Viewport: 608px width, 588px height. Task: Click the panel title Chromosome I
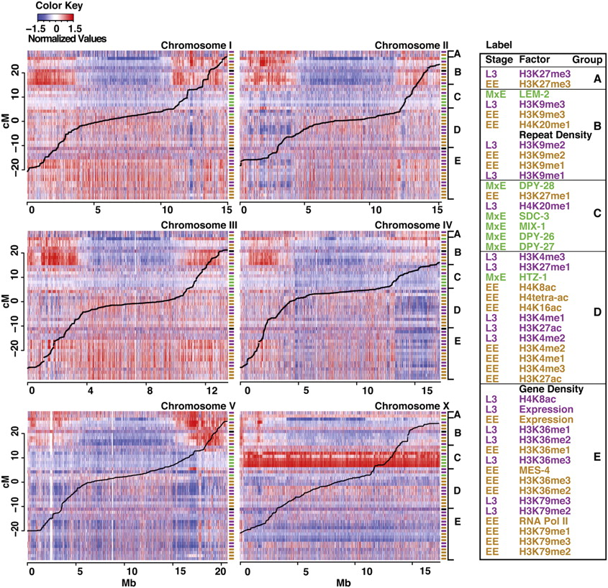tap(196, 46)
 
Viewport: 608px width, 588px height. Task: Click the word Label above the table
tap(498, 43)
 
